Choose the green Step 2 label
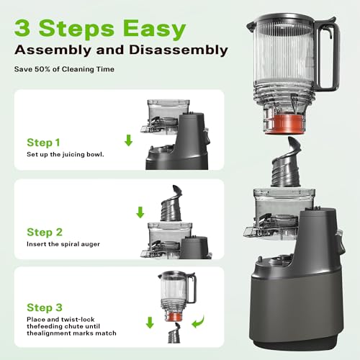[x=49, y=233]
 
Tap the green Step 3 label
[x=49, y=307]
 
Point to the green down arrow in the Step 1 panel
[x=129, y=140]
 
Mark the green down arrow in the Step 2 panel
[x=140, y=213]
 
